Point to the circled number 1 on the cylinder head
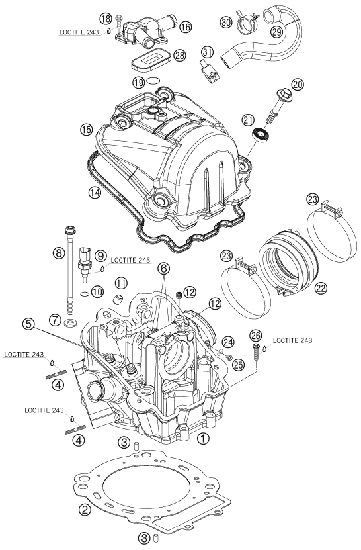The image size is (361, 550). click(x=203, y=437)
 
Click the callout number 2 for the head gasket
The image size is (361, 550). click(x=84, y=510)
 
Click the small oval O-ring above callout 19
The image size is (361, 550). click(x=153, y=81)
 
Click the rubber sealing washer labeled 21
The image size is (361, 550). click(x=262, y=136)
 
